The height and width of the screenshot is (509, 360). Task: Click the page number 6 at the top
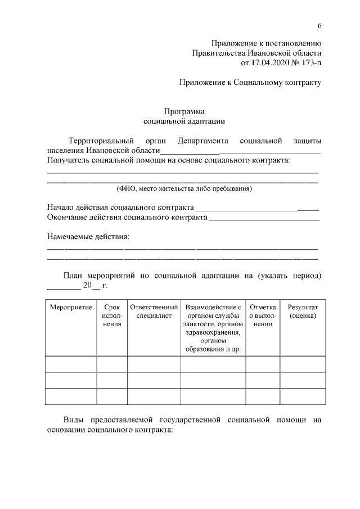[319, 26]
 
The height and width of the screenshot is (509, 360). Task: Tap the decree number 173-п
[308, 62]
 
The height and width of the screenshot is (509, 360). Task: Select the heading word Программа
[184, 111]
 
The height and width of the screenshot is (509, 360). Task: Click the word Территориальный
[100, 141]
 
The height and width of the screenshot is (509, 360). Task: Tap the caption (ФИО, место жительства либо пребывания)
[184, 188]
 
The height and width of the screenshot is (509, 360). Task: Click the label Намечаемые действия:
[88, 237]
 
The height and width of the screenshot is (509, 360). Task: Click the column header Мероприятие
[71, 308]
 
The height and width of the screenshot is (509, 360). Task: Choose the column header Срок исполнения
[112, 316]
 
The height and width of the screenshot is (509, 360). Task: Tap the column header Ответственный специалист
[154, 312]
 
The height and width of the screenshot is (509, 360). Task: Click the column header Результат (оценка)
[303, 312]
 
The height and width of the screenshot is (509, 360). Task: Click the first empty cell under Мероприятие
[71, 364]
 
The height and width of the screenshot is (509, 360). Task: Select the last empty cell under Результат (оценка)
[303, 397]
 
